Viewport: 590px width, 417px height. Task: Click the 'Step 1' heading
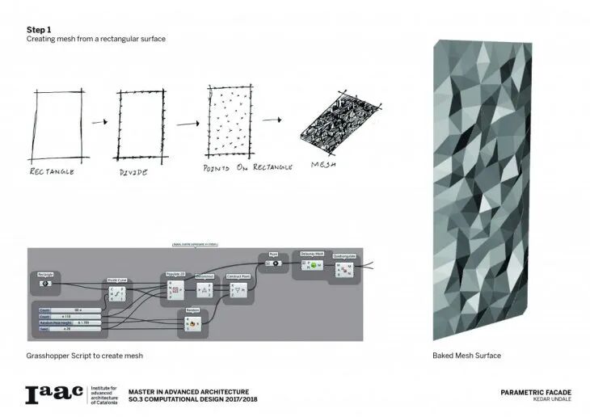pos(39,29)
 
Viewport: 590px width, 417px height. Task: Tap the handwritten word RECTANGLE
pos(53,171)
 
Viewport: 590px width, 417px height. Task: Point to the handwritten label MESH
pos(323,165)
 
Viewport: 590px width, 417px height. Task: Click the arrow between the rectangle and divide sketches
pos(99,123)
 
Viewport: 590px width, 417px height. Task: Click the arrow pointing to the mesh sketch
pos(272,120)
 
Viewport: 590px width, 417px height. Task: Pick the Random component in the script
pos(192,320)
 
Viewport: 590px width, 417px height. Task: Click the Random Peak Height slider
pos(69,322)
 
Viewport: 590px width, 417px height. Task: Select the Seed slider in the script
pos(69,329)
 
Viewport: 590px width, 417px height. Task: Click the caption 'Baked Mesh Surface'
pos(467,356)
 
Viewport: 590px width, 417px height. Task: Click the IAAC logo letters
pos(55,394)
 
